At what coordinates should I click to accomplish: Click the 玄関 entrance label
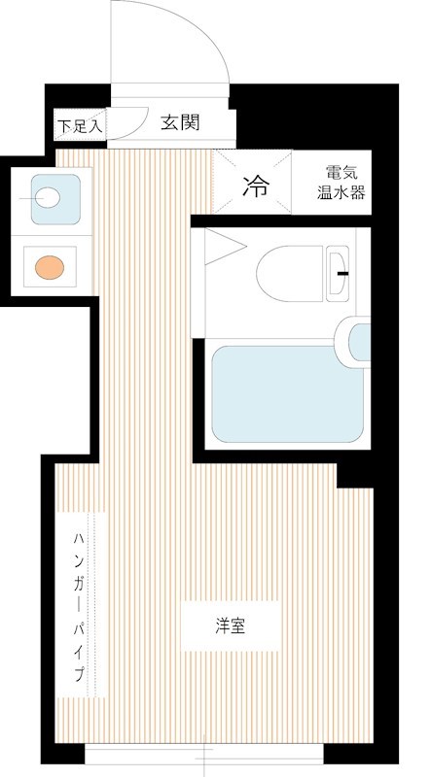click(x=180, y=122)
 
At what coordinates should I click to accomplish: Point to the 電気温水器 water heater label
click(x=341, y=183)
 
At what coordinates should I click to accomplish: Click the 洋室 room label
click(x=231, y=625)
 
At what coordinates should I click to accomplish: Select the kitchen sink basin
click(x=48, y=198)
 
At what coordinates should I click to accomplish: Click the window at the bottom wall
click(x=207, y=754)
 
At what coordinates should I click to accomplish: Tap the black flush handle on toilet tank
click(x=342, y=273)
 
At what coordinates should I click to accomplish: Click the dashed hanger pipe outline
click(x=93, y=602)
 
